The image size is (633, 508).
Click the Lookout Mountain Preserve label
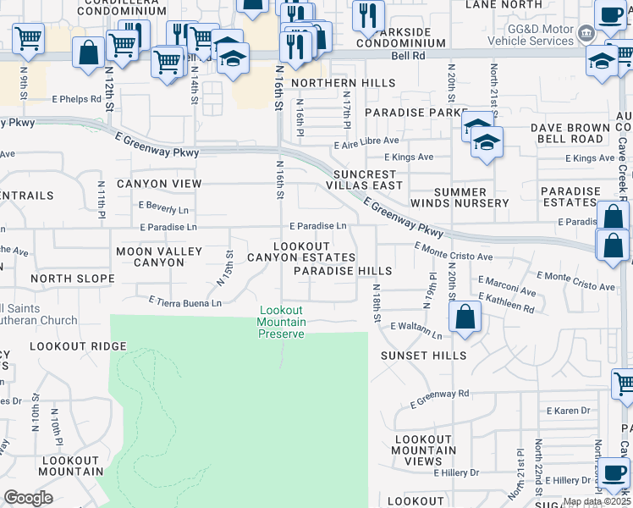click(x=281, y=323)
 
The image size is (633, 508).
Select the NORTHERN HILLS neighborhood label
click(x=343, y=83)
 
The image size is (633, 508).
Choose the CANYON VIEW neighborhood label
click(x=159, y=184)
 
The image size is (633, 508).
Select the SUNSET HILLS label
click(x=423, y=356)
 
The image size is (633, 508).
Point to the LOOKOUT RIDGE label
click(x=78, y=346)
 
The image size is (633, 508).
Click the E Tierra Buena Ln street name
click(x=185, y=301)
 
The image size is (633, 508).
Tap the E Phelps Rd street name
click(x=72, y=98)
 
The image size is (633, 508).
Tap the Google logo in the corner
click(x=28, y=498)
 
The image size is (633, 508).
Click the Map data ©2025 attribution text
click(x=597, y=501)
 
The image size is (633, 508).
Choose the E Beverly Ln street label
click(x=164, y=209)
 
